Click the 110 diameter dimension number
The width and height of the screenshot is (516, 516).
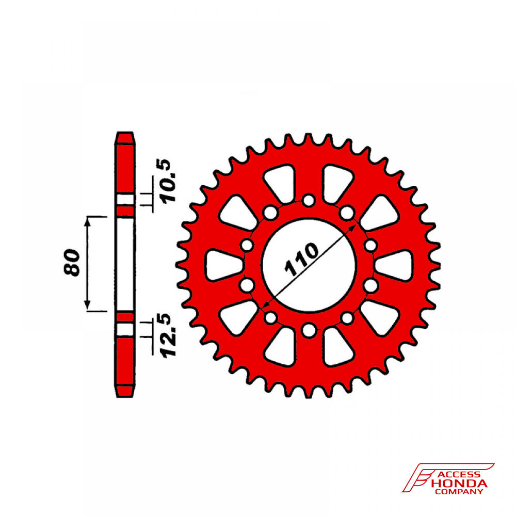coord(301,260)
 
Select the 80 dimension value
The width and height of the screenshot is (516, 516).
coord(72,262)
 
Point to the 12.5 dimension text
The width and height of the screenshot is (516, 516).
coord(169,335)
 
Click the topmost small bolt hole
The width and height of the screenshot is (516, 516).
coord(309,200)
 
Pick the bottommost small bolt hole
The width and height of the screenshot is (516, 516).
coord(309,330)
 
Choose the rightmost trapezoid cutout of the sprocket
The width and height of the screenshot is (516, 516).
coord(394,265)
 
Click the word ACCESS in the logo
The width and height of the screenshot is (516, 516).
coord(458,474)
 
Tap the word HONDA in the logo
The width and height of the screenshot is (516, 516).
coord(459,484)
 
